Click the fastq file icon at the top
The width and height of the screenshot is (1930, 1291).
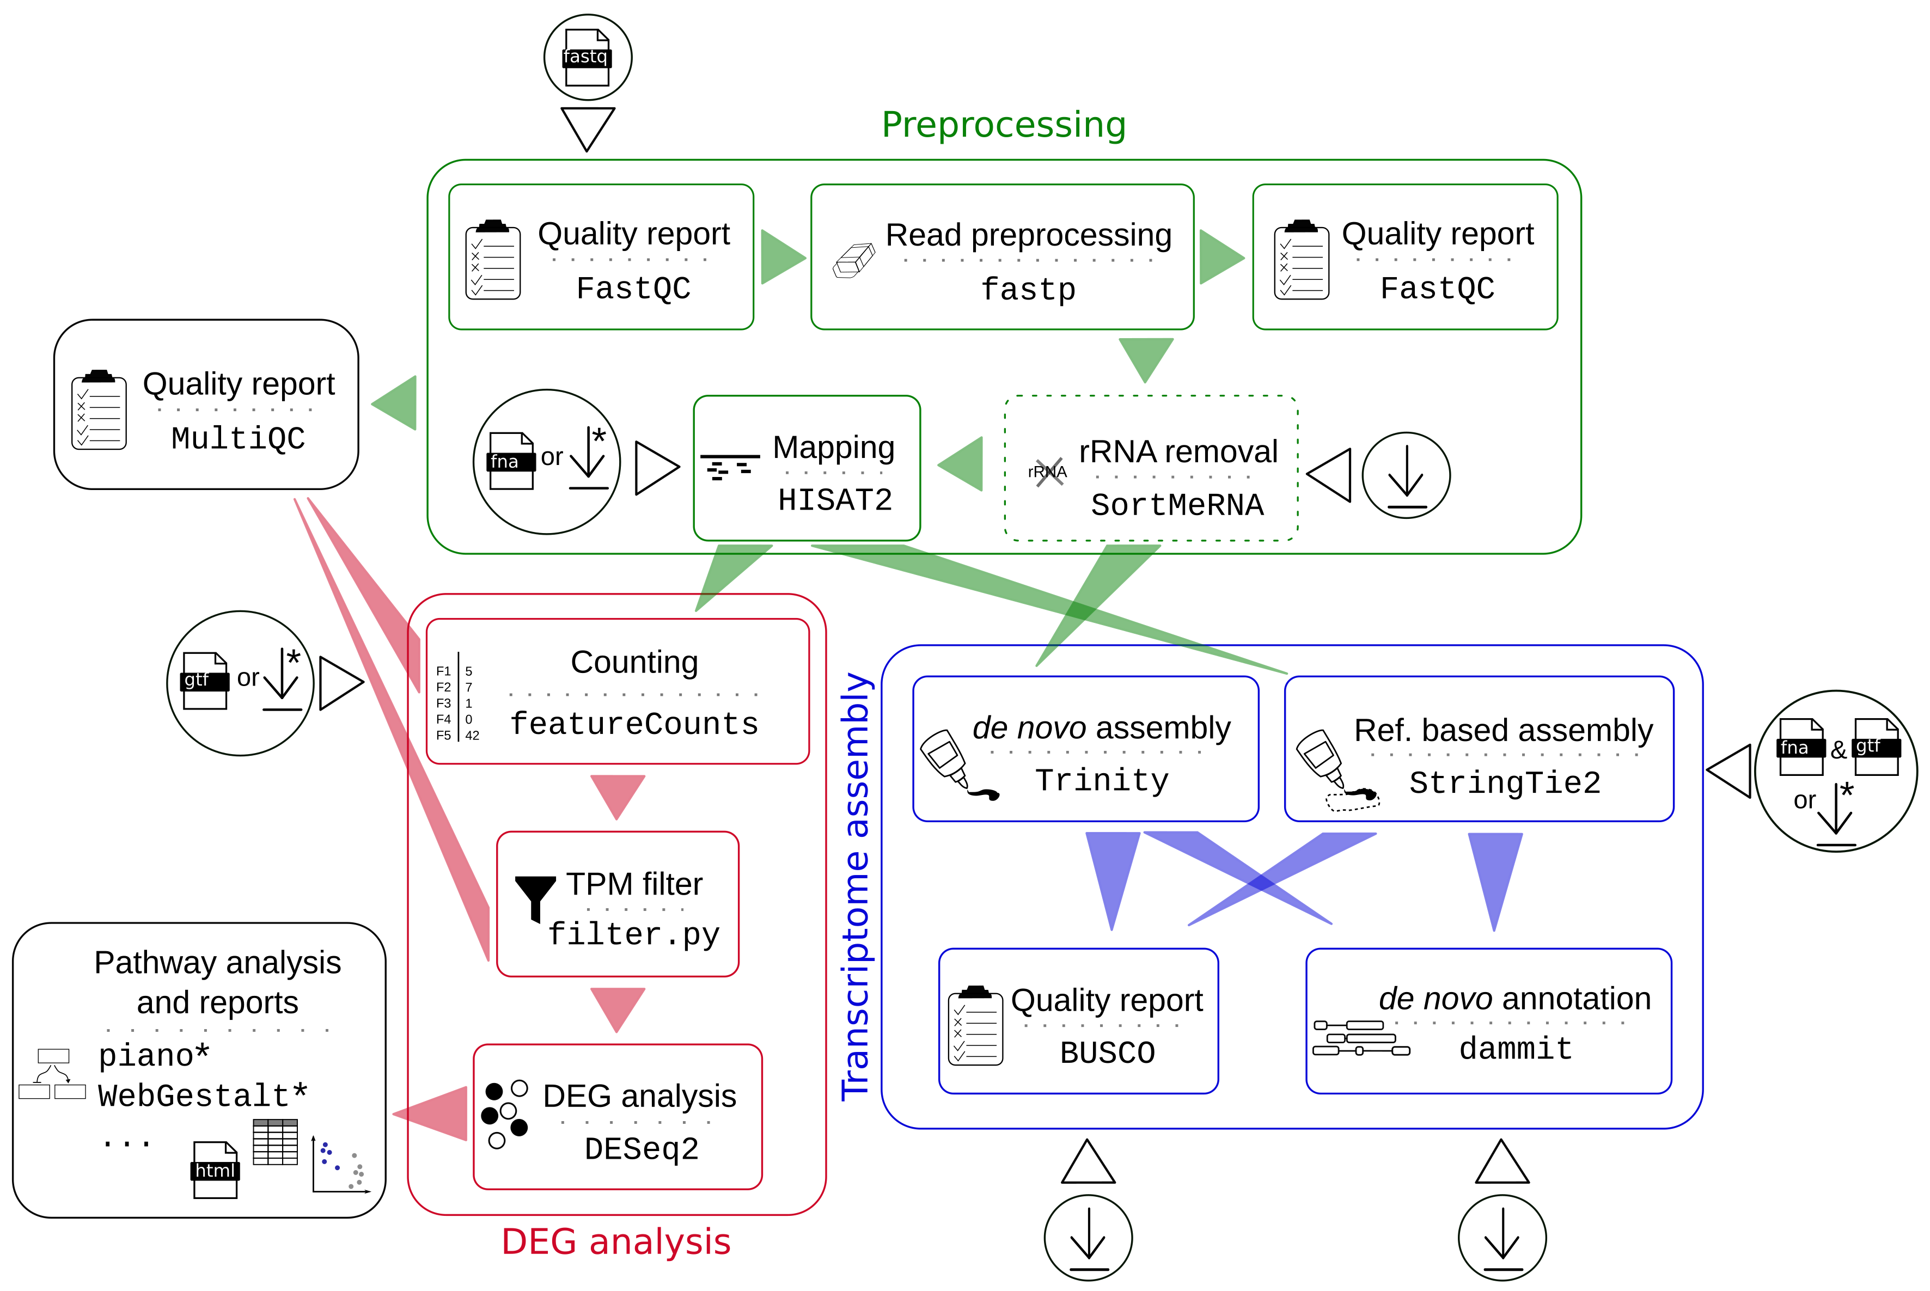pyautogui.click(x=587, y=58)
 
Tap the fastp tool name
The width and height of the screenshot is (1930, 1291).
pyautogui.click(x=1028, y=290)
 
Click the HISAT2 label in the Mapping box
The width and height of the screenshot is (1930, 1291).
pyautogui.click(x=834, y=500)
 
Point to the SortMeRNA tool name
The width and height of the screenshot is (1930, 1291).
pyautogui.click(x=1177, y=505)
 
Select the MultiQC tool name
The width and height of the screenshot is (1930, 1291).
pyautogui.click(x=238, y=438)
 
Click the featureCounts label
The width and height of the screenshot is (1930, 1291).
pyautogui.click(x=633, y=724)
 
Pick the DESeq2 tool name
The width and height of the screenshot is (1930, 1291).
pyautogui.click(x=642, y=1148)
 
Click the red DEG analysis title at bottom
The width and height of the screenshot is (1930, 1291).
pyautogui.click(x=616, y=1241)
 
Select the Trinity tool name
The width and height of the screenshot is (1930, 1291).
pyautogui.click(x=1102, y=780)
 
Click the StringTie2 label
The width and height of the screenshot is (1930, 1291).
pyautogui.click(x=1504, y=783)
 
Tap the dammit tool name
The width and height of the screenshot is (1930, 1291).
pyautogui.click(x=1515, y=1049)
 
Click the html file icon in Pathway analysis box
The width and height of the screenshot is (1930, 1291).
pyautogui.click(x=215, y=1169)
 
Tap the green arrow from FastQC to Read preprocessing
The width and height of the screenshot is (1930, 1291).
pyautogui.click(x=781, y=258)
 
